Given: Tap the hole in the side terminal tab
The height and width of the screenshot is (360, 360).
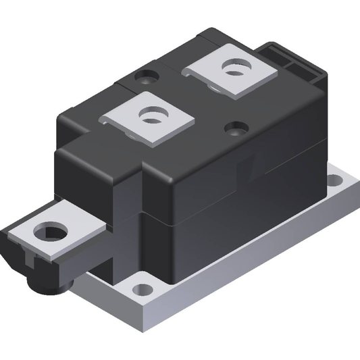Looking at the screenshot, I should [49, 233].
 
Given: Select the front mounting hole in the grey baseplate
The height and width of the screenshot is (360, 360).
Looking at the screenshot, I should [142, 290].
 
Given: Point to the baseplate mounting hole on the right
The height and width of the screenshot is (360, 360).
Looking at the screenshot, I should [336, 180].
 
